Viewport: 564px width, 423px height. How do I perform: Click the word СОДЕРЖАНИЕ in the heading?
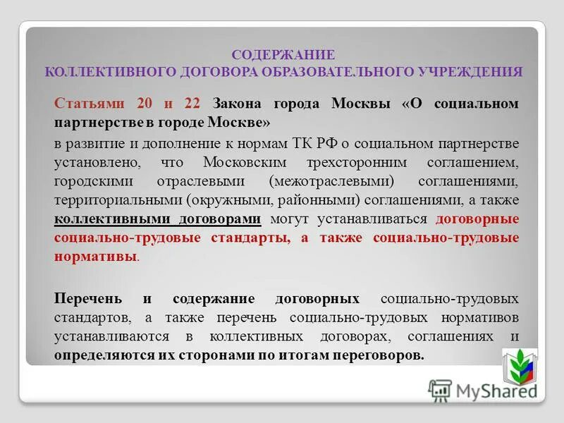[x=283, y=54]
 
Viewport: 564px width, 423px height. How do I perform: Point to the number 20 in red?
[x=145, y=104]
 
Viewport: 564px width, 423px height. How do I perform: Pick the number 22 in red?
[x=192, y=104]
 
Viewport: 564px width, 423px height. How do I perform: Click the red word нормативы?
[x=95, y=257]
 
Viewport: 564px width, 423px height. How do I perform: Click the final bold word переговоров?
[x=378, y=355]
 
